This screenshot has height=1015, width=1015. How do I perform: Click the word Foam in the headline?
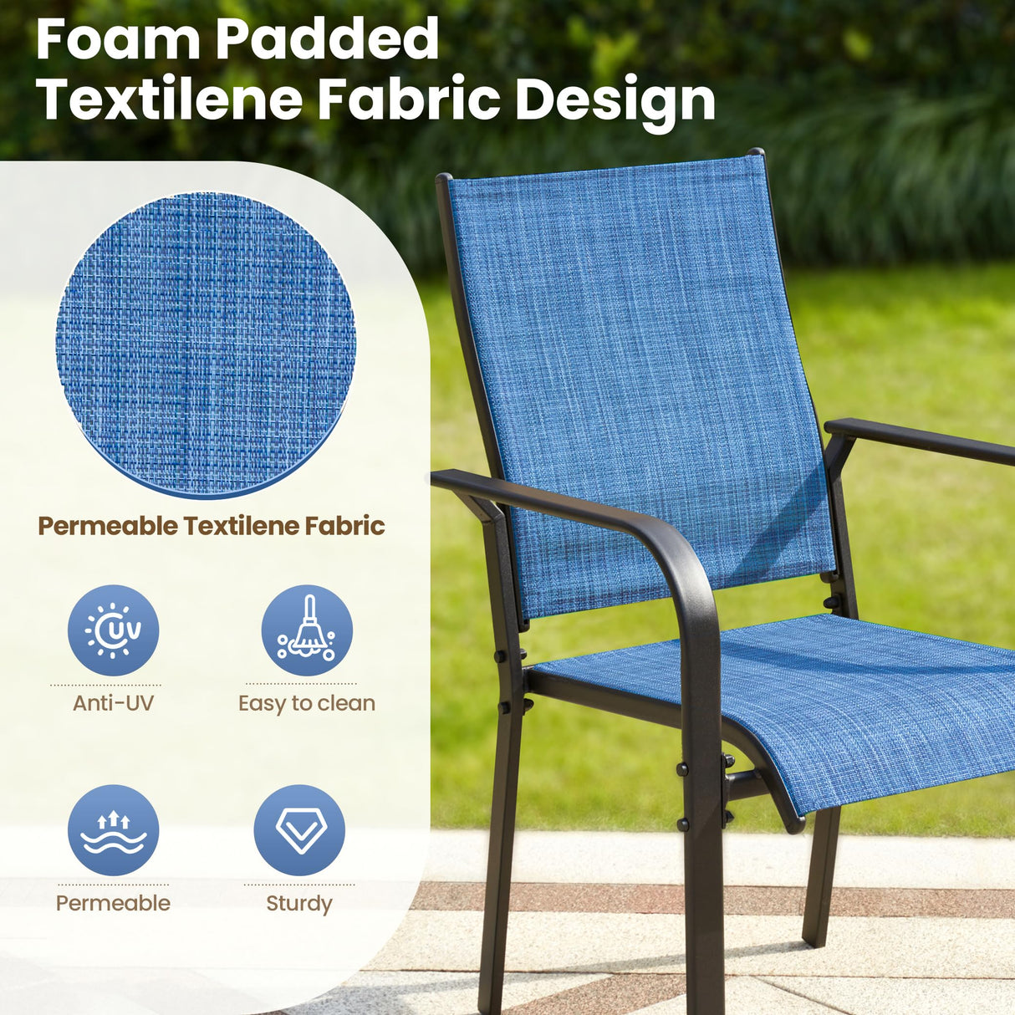pos(118,39)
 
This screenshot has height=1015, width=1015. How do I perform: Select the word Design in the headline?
pos(615,102)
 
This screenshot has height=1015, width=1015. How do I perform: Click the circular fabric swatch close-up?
pos(206,344)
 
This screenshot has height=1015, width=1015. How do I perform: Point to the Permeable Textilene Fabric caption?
pos(212,526)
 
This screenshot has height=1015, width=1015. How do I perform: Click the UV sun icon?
pos(113,630)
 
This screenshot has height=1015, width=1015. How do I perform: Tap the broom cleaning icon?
pos(307,630)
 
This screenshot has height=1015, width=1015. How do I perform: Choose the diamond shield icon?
pos(299,830)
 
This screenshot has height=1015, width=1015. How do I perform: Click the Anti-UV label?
pos(113,703)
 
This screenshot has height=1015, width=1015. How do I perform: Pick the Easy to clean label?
pos(307,704)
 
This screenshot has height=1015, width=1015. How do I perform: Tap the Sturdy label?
pos(299,904)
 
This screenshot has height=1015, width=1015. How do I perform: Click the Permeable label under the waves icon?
pos(113,903)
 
